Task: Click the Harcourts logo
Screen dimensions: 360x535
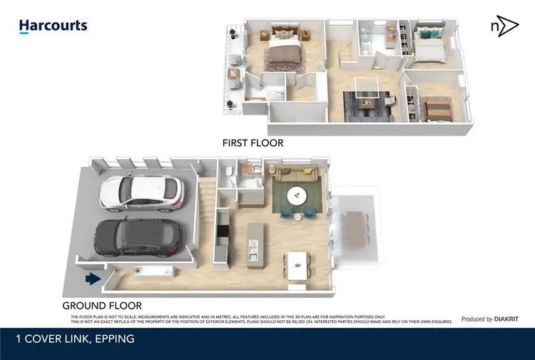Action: click(x=53, y=26)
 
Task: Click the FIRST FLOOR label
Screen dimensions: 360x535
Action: click(x=253, y=143)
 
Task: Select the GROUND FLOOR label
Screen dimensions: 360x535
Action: click(x=102, y=305)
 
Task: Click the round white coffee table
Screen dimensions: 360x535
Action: click(x=296, y=195)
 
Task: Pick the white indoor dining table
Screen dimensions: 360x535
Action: click(x=296, y=266)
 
